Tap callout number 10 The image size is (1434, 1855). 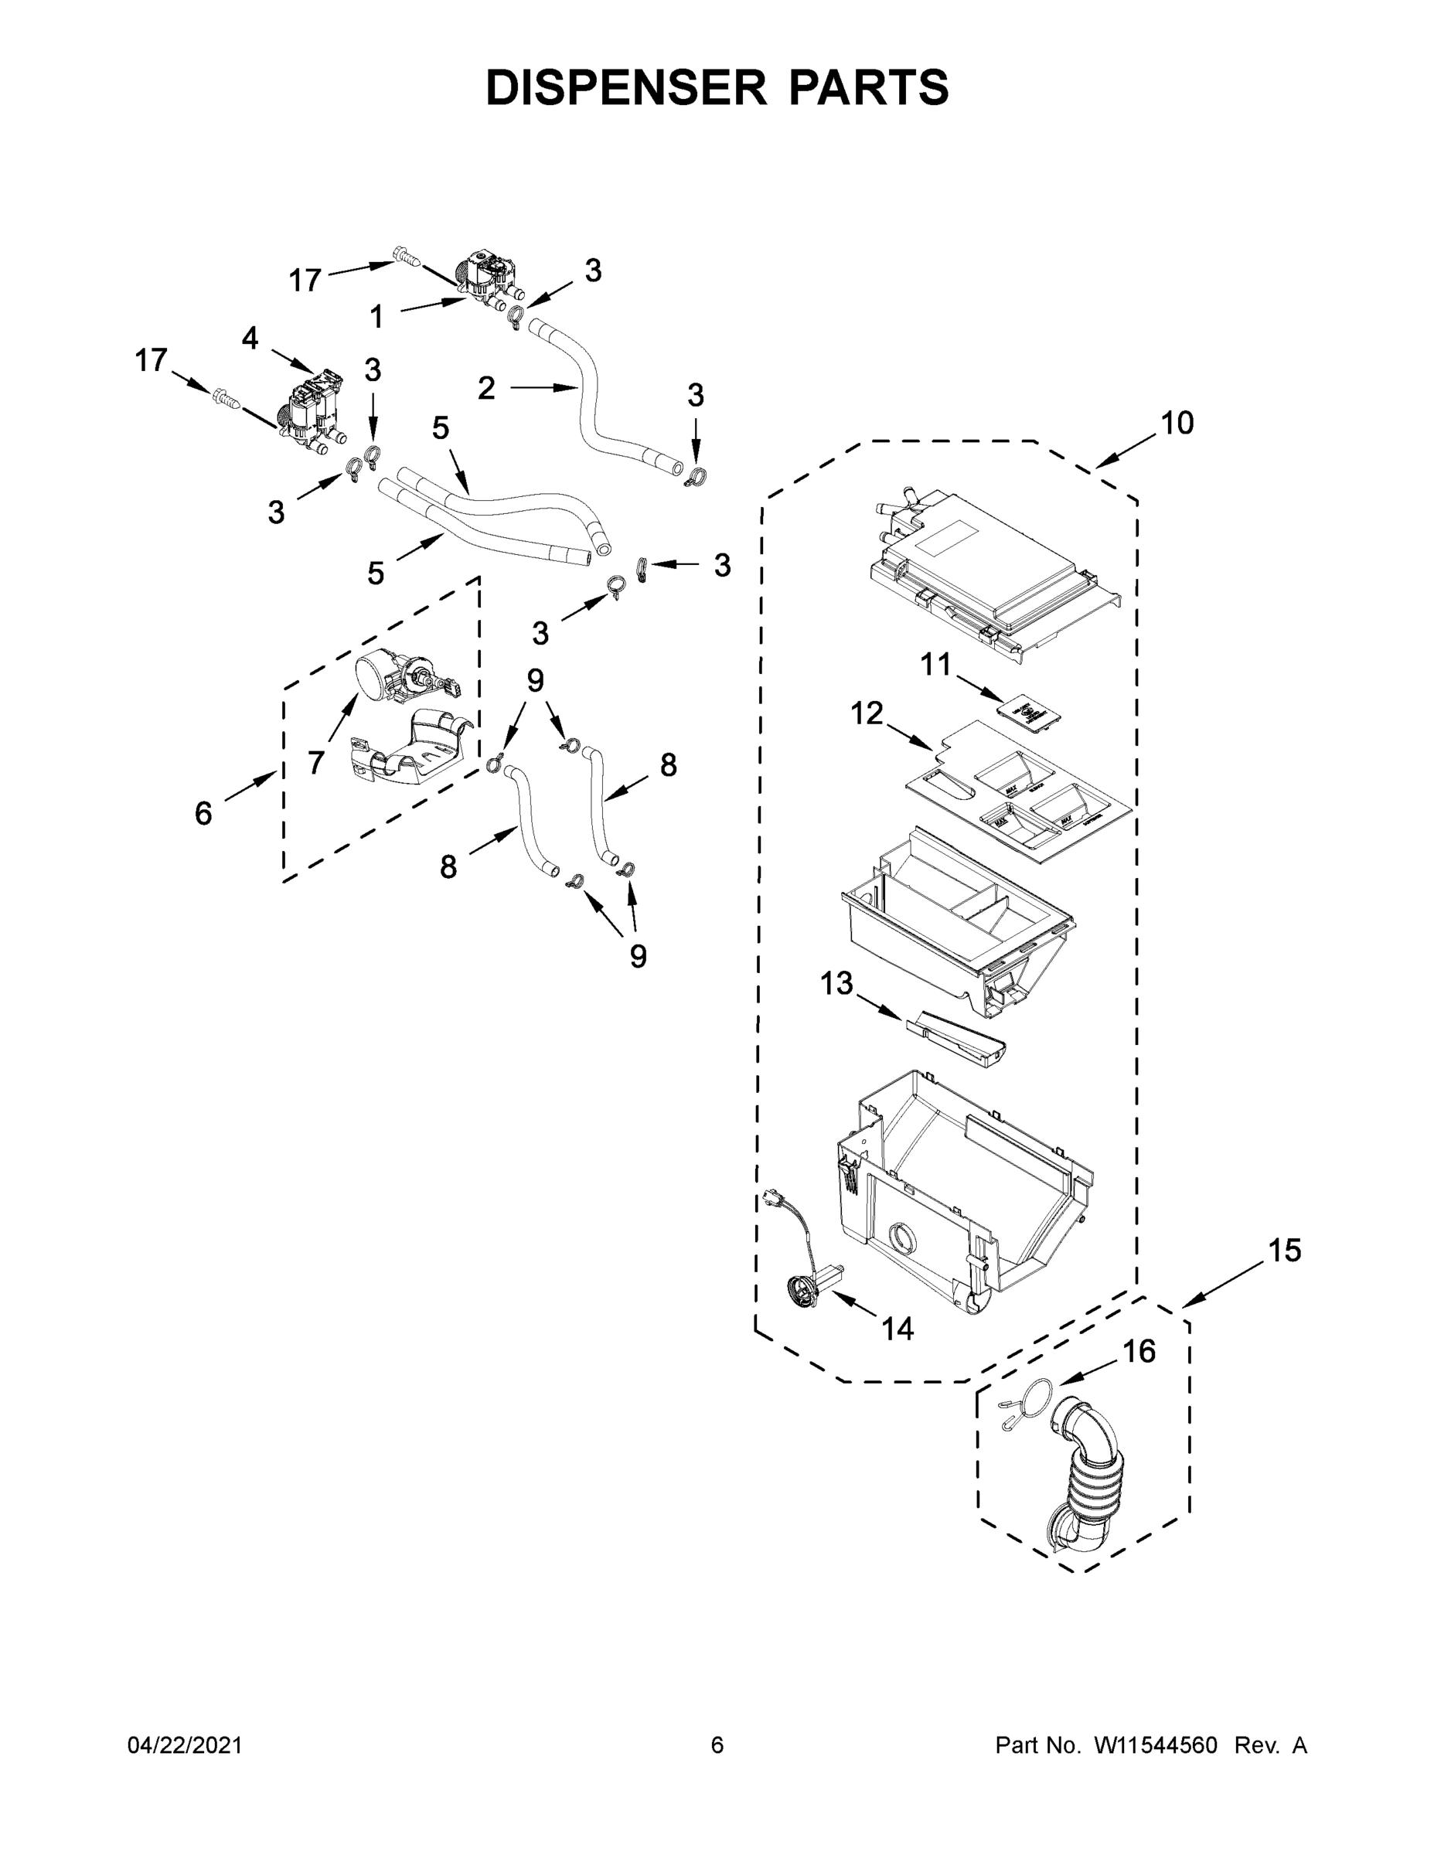1177,422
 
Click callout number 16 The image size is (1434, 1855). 1139,1351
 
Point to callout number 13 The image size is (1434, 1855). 836,984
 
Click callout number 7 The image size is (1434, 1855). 316,762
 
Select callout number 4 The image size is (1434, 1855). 249,338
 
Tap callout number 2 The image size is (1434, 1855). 486,388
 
